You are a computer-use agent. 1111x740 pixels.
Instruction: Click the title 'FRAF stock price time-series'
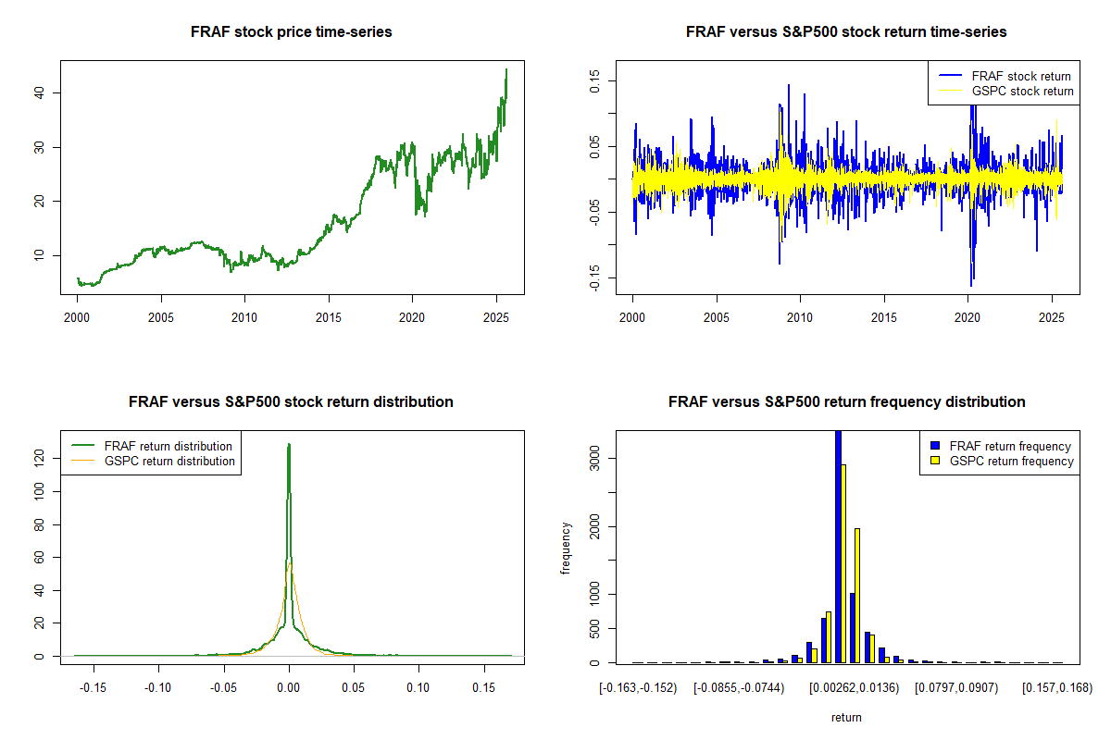(292, 32)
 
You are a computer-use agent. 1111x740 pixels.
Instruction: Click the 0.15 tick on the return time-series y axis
(595, 80)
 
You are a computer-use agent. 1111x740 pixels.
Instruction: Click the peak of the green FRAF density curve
(289, 445)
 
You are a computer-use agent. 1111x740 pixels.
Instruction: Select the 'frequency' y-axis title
(567, 548)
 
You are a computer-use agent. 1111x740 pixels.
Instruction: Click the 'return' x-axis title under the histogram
(846, 717)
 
